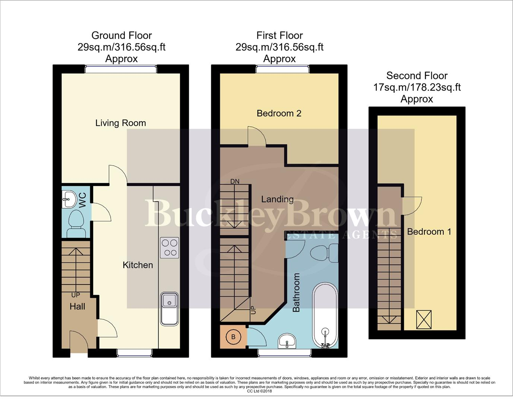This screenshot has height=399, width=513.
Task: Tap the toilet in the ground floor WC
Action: point(76,223)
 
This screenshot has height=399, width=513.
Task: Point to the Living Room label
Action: point(120,123)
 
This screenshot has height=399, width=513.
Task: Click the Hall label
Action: point(77,307)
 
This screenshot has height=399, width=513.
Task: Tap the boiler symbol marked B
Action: point(233,337)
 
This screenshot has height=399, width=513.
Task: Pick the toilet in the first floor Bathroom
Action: point(324,253)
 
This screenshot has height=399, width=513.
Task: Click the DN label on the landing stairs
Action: point(235,182)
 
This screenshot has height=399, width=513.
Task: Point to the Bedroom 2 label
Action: point(279,114)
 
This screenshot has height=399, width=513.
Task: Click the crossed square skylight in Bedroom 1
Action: point(424,319)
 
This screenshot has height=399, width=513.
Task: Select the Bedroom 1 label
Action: point(429,232)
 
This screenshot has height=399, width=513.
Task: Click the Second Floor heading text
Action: point(417,76)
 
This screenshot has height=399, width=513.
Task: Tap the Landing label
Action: point(277,199)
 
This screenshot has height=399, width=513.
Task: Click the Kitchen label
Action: point(138,265)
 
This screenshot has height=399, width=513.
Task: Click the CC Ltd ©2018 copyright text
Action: point(259,391)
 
